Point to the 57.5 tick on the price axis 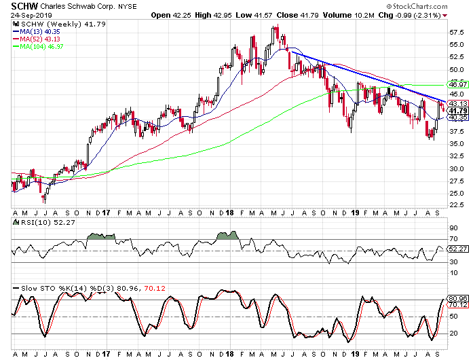pos(457,31)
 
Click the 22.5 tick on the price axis pos(457,204)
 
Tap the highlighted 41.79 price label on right pos(457,111)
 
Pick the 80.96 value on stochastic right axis pos(457,298)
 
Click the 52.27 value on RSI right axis pos(457,249)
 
